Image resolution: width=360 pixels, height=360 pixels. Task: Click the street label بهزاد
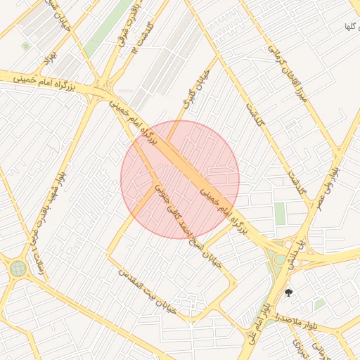49,60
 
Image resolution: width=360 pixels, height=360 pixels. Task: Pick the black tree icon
288,292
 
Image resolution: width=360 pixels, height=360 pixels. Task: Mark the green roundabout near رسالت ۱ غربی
17,268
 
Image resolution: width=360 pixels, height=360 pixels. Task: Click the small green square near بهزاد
26,46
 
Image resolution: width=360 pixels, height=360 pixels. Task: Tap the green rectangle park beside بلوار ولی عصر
280,213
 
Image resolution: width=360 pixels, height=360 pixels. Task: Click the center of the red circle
180,180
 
